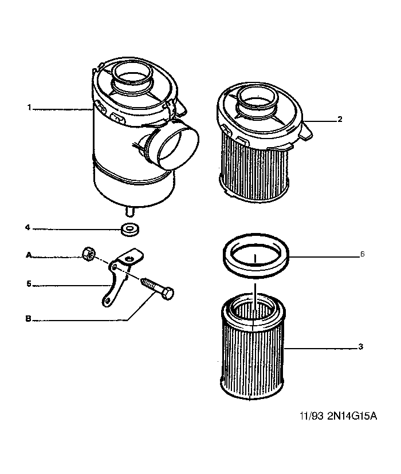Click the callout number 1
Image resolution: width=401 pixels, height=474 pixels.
pyautogui.click(x=29, y=108)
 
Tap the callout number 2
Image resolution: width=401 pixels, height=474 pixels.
pyautogui.click(x=340, y=119)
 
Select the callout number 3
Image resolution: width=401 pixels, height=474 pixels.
pyautogui.click(x=360, y=346)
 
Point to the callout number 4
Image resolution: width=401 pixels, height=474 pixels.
pyautogui.click(x=27, y=227)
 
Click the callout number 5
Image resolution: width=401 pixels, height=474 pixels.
pyautogui.click(x=29, y=284)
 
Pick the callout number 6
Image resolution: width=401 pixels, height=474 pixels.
pyautogui.click(x=362, y=254)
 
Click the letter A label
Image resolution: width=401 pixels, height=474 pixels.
pyautogui.click(x=29, y=255)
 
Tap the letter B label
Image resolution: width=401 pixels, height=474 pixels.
pyautogui.click(x=29, y=319)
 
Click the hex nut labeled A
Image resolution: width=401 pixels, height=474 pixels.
pyautogui.click(x=88, y=254)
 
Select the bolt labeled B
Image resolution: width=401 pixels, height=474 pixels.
pyautogui.click(x=158, y=289)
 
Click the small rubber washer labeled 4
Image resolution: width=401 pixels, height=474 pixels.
pyautogui.click(x=130, y=230)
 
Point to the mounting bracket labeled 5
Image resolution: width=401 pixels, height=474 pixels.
pyautogui.click(x=121, y=276)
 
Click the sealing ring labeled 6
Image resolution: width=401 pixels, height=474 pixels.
pyautogui.click(x=255, y=256)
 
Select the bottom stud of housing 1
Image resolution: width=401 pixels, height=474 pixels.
pyautogui.click(x=129, y=211)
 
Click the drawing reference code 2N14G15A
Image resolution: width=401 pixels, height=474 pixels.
pyautogui.click(x=352, y=416)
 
